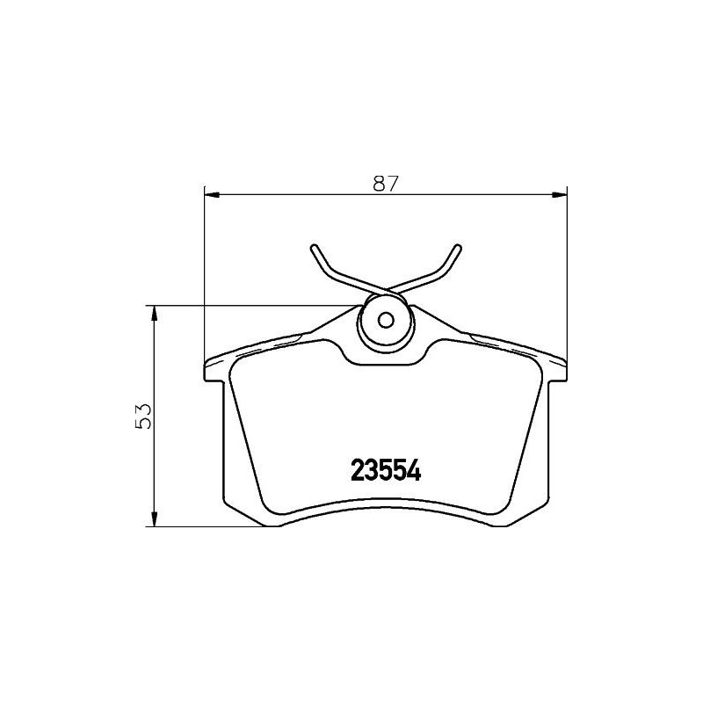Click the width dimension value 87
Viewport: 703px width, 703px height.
coord(386,184)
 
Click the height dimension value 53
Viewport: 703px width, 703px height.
coord(145,415)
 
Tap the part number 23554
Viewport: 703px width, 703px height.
coord(387,470)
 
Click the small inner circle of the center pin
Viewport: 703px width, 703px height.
coord(384,320)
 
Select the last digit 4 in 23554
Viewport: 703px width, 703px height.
coord(415,470)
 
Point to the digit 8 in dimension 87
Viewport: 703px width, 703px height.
coord(379,184)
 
